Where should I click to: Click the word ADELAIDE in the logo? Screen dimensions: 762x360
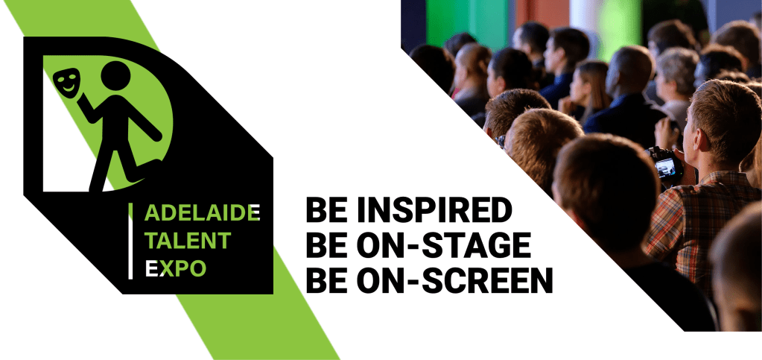(202, 213)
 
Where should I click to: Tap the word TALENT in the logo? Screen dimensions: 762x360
(188, 241)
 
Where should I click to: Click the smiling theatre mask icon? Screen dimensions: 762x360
(66, 82)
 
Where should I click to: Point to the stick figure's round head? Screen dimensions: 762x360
(115, 75)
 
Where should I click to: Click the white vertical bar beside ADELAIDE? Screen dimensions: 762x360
(130, 241)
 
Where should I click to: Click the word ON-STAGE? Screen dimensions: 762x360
(443, 246)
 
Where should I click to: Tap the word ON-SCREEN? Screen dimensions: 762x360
(455, 281)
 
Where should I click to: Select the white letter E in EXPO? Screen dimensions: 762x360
(152, 268)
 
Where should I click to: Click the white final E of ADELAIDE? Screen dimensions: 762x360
(255, 213)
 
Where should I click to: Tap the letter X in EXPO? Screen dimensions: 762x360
(165, 268)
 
